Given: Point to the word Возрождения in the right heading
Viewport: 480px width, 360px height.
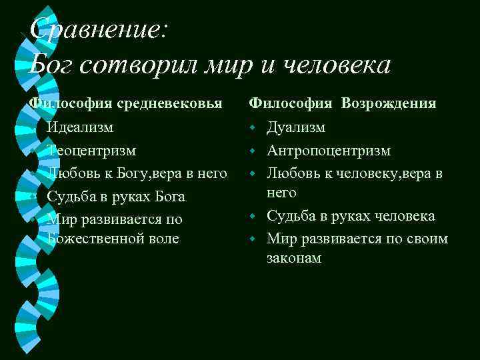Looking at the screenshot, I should pyautogui.click(x=389, y=103).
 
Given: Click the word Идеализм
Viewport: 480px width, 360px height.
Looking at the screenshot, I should pyautogui.click(x=80, y=127).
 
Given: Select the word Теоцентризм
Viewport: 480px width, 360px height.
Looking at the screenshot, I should pyautogui.click(x=91, y=150).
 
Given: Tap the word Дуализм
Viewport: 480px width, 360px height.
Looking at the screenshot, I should pyautogui.click(x=296, y=127).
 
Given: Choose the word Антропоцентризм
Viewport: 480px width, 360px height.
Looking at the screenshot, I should pyautogui.click(x=329, y=150).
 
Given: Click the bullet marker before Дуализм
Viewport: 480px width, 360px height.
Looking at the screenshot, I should pyautogui.click(x=253, y=127).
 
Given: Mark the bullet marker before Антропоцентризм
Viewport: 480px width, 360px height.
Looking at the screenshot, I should pyautogui.click(x=253, y=151).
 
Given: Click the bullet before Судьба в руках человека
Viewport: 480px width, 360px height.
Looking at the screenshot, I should pyautogui.click(x=253, y=217).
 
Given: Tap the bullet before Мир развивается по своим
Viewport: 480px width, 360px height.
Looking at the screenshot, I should pyautogui.click(x=253, y=239).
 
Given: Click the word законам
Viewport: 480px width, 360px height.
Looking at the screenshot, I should pyautogui.click(x=294, y=258).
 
